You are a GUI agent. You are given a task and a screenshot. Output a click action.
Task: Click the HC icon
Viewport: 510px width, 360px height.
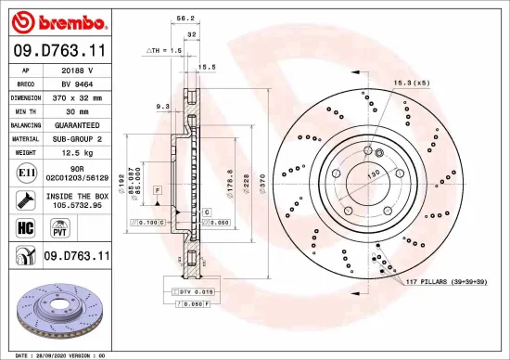pos(25,225)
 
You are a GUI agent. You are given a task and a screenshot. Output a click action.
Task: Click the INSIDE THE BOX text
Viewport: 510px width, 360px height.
pos(78,196)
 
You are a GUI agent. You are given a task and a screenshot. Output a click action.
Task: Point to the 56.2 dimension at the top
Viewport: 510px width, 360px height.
pos(184,19)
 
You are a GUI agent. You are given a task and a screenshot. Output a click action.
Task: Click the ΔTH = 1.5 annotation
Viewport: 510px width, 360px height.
pos(162,50)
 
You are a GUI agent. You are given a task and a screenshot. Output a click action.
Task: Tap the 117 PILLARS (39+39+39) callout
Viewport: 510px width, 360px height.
pos(446,280)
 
